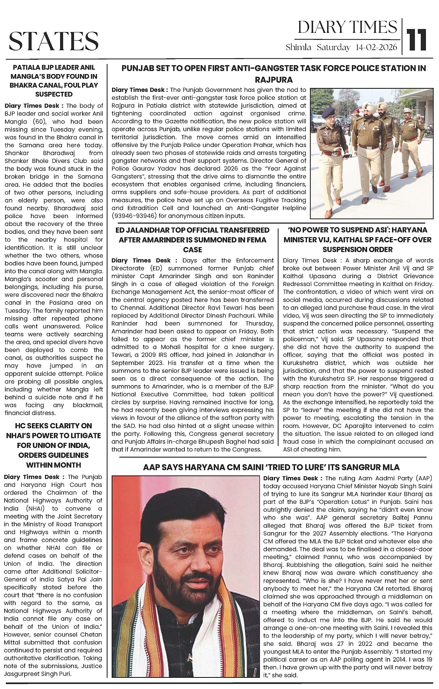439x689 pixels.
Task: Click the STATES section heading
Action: [54, 41]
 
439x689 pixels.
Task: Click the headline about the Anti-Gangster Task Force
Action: [273, 74]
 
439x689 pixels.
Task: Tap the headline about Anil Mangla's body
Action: [54, 80]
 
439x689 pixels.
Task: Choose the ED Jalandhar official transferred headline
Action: [193, 240]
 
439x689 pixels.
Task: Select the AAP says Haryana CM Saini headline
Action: [271, 467]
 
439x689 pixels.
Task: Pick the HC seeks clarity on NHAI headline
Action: [54, 445]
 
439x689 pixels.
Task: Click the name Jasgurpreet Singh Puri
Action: [38, 674]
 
